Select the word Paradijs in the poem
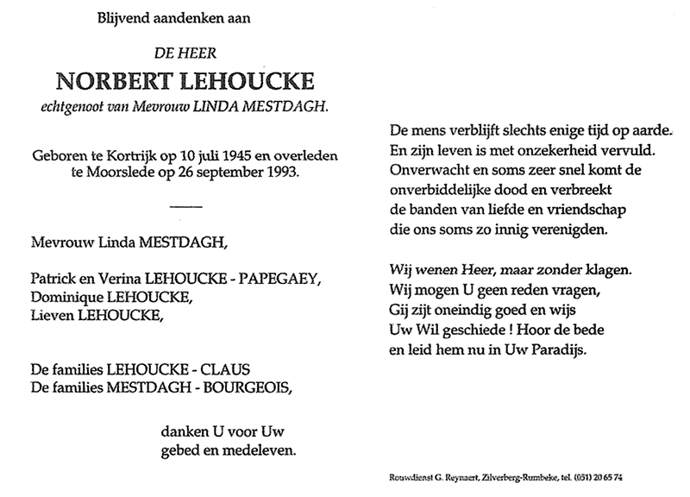click(x=570, y=350)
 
